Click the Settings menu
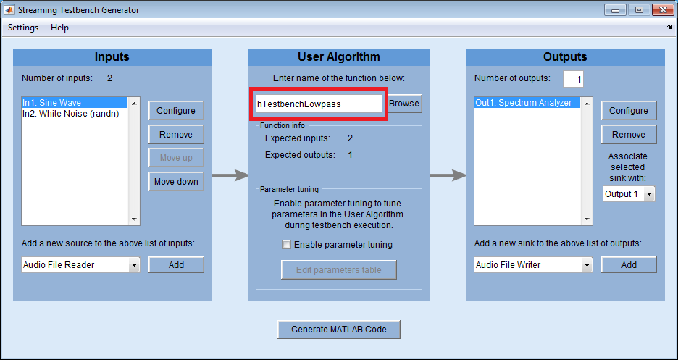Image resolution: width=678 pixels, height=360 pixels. [x=23, y=28]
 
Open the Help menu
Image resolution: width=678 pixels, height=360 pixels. [x=59, y=28]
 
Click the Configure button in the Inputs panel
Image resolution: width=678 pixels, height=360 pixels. [x=176, y=111]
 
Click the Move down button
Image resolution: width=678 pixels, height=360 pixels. [x=176, y=182]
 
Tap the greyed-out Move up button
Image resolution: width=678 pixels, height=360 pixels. [x=176, y=158]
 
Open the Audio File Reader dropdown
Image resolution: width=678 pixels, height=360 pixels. [x=80, y=265]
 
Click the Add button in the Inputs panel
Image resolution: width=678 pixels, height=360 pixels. [x=176, y=265]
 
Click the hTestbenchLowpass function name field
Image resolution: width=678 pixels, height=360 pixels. [x=319, y=104]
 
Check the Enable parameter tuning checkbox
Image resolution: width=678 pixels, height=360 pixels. [x=286, y=245]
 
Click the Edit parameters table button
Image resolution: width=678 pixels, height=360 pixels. [x=338, y=270]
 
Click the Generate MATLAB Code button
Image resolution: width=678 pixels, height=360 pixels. [x=339, y=330]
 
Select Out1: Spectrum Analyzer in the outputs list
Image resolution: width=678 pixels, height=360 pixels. [x=527, y=102]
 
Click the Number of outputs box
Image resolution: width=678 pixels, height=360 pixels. [x=574, y=79]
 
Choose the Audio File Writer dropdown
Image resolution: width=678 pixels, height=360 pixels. [x=533, y=265]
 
